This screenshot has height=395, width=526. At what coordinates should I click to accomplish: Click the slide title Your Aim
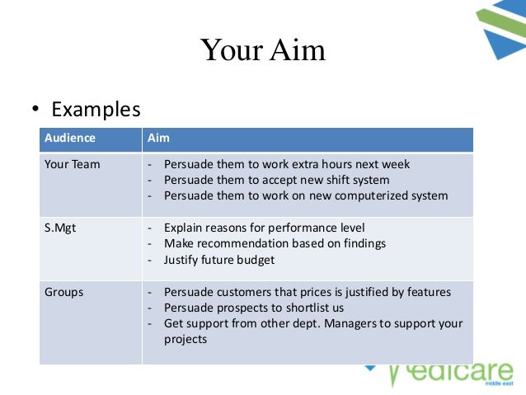(x=263, y=50)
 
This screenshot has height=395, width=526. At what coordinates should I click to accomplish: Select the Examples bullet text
(x=96, y=109)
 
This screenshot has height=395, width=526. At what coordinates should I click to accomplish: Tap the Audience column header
(x=70, y=138)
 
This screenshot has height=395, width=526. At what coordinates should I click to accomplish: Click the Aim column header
(x=158, y=138)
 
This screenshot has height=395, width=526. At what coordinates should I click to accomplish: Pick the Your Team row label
(x=73, y=164)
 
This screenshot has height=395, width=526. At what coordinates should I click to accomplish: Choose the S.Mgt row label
(x=60, y=228)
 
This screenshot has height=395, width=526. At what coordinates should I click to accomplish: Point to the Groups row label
(x=64, y=292)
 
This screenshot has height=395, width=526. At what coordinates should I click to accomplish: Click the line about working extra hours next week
(x=286, y=164)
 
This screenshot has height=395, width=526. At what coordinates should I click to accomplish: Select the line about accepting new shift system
(x=276, y=180)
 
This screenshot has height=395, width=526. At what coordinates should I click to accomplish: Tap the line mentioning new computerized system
(x=305, y=195)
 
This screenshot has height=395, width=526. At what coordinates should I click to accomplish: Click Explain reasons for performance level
(x=264, y=228)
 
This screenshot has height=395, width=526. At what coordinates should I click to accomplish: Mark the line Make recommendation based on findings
(x=275, y=243)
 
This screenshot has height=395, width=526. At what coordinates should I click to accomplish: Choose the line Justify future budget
(x=218, y=260)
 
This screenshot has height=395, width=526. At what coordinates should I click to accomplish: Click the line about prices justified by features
(x=307, y=292)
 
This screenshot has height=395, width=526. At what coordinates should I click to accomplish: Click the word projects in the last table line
(x=186, y=339)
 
